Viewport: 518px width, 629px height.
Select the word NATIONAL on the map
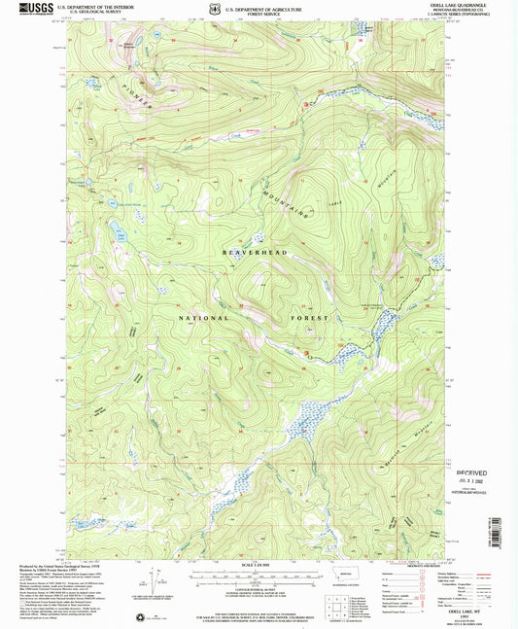(x=203, y=318)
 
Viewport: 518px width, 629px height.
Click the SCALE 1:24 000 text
(x=258, y=566)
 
